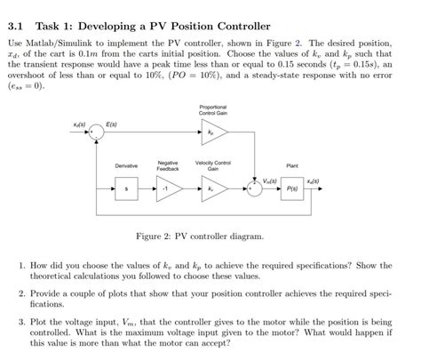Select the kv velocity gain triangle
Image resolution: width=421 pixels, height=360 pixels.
213,188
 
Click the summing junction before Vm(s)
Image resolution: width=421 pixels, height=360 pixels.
255,188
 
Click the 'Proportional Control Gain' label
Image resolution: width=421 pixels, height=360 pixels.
213,110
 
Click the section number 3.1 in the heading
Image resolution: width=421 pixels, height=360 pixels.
19,26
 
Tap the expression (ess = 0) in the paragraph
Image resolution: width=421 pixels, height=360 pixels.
28,87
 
